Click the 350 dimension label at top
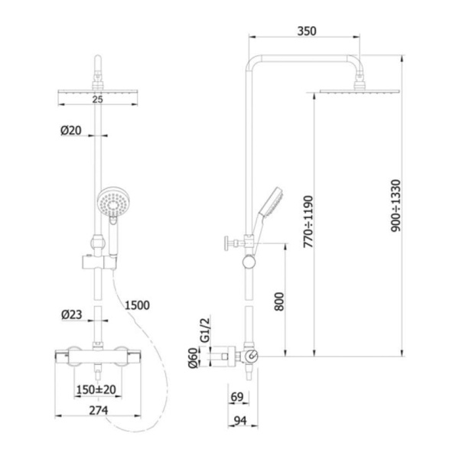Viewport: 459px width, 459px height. coord(307,31)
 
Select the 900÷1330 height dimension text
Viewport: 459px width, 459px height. coord(396,206)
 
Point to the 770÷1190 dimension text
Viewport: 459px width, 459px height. coord(308,222)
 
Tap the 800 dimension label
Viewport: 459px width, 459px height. coord(279,301)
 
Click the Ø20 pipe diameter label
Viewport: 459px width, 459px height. coord(71,130)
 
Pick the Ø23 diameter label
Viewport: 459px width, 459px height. coord(72,314)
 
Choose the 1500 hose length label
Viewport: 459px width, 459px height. coord(137,305)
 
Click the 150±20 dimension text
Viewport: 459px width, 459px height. coord(96,389)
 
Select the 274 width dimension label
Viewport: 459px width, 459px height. coord(99,410)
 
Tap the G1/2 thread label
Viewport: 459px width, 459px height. coord(206,330)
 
